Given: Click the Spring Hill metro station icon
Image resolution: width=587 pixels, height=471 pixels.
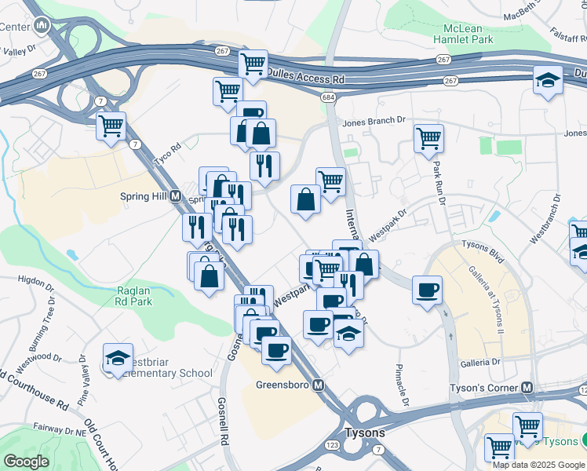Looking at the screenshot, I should (175, 196).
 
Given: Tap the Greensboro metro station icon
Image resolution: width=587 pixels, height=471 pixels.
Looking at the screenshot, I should (318, 385).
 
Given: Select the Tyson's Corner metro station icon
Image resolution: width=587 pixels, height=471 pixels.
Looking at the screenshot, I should (527, 389).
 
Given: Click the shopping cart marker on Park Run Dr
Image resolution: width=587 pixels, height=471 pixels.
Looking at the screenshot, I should (428, 139).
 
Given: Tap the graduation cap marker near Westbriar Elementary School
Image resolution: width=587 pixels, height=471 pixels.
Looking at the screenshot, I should (118, 358).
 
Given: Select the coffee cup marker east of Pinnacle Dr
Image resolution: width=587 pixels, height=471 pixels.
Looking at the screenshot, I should (427, 290).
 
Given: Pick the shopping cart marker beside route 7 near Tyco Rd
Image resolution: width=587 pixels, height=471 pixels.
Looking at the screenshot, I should (111, 125).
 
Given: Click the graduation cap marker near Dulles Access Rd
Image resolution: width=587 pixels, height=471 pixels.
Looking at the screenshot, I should (547, 79).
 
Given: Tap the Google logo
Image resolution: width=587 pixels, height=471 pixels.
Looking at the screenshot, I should (26, 462).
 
